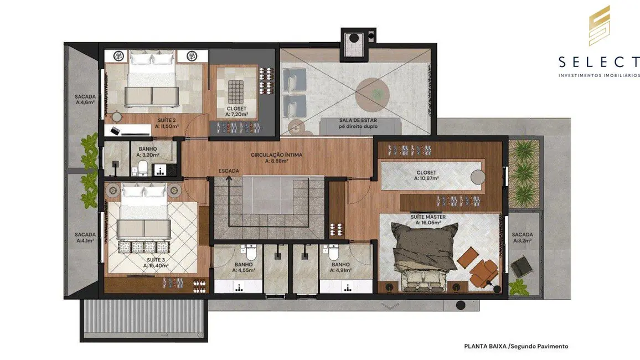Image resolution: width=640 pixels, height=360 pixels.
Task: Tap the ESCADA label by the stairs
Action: click(229, 171)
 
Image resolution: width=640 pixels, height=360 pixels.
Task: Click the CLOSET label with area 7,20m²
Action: click(236, 111)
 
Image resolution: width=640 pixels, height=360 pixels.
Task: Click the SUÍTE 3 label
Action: click(156, 262)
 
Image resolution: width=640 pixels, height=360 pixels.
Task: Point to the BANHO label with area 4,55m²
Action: click(244, 268)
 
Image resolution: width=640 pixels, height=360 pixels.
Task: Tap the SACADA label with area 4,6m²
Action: click(85, 99)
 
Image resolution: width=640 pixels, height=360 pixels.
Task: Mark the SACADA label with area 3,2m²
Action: click(522, 238)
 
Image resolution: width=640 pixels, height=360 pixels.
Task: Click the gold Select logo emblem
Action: click(599, 25)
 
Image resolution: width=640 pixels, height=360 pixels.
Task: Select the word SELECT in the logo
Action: click(599, 61)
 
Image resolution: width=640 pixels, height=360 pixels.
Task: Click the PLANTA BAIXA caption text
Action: click(515, 346)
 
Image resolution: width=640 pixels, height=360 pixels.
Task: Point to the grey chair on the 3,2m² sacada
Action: click(519, 268)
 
